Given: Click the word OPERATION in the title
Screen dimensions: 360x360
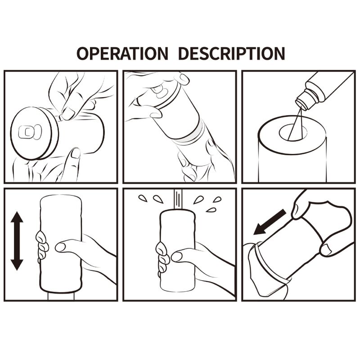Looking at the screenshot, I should [122, 53].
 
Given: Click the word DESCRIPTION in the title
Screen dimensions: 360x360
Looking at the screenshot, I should [231, 53].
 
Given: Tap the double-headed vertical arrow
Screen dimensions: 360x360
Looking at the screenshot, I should [17, 241].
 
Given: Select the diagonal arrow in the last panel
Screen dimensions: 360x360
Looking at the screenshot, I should [269, 222].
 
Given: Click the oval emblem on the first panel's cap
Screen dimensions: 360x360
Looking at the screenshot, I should [30, 132].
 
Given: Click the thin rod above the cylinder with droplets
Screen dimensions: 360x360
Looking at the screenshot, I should [178, 201].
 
